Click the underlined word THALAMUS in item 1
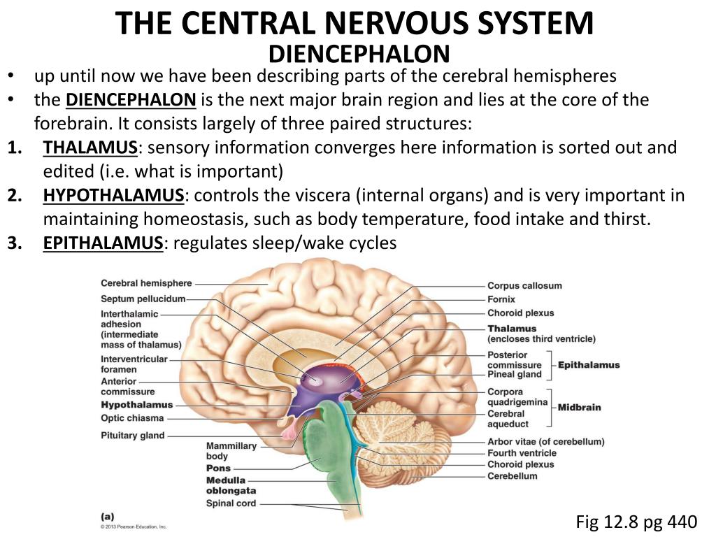pyautogui.click(x=89, y=148)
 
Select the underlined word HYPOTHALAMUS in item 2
pyautogui.click(x=113, y=195)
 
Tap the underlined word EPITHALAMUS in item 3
pyautogui.click(x=103, y=243)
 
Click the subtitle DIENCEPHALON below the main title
pyautogui.click(x=359, y=54)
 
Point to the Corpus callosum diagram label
pyautogui.click(x=524, y=285)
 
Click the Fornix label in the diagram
pyautogui.click(x=501, y=299)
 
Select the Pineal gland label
pyautogui.click(x=515, y=374)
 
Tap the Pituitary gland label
pyautogui.click(x=133, y=436)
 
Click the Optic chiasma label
pyautogui.click(x=132, y=418)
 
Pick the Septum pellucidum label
pyautogui.click(x=143, y=299)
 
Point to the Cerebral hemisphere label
pyautogui.click(x=146, y=283)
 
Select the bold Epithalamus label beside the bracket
pyautogui.click(x=589, y=365)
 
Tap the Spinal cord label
pyautogui.click(x=231, y=503)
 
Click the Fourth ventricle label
pyautogui.click(x=522, y=453)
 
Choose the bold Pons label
pyautogui.click(x=218, y=468)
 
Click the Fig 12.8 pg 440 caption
pyautogui.click(x=636, y=522)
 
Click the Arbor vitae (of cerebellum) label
pyautogui.click(x=545, y=441)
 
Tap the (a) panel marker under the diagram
pyautogui.click(x=107, y=516)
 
